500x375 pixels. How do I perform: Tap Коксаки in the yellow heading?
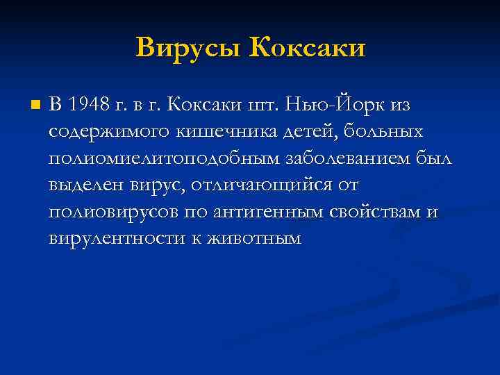[x=306, y=47]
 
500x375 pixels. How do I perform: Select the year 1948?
[x=90, y=105]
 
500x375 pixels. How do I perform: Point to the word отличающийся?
[x=254, y=185]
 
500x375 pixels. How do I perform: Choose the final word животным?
[x=253, y=238]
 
